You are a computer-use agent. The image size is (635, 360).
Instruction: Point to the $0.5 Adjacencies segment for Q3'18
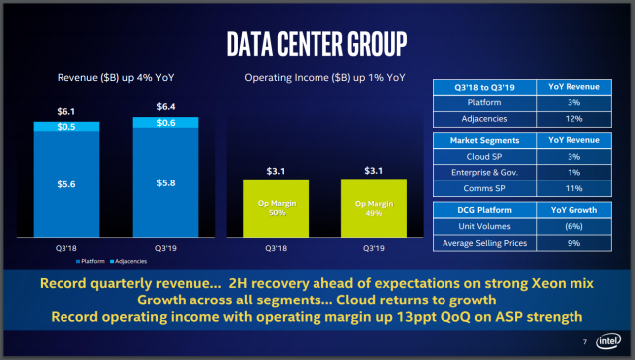[65, 127]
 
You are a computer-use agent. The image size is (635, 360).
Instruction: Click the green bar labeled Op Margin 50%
[278, 209]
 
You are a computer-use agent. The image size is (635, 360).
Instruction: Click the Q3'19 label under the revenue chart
[166, 248]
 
